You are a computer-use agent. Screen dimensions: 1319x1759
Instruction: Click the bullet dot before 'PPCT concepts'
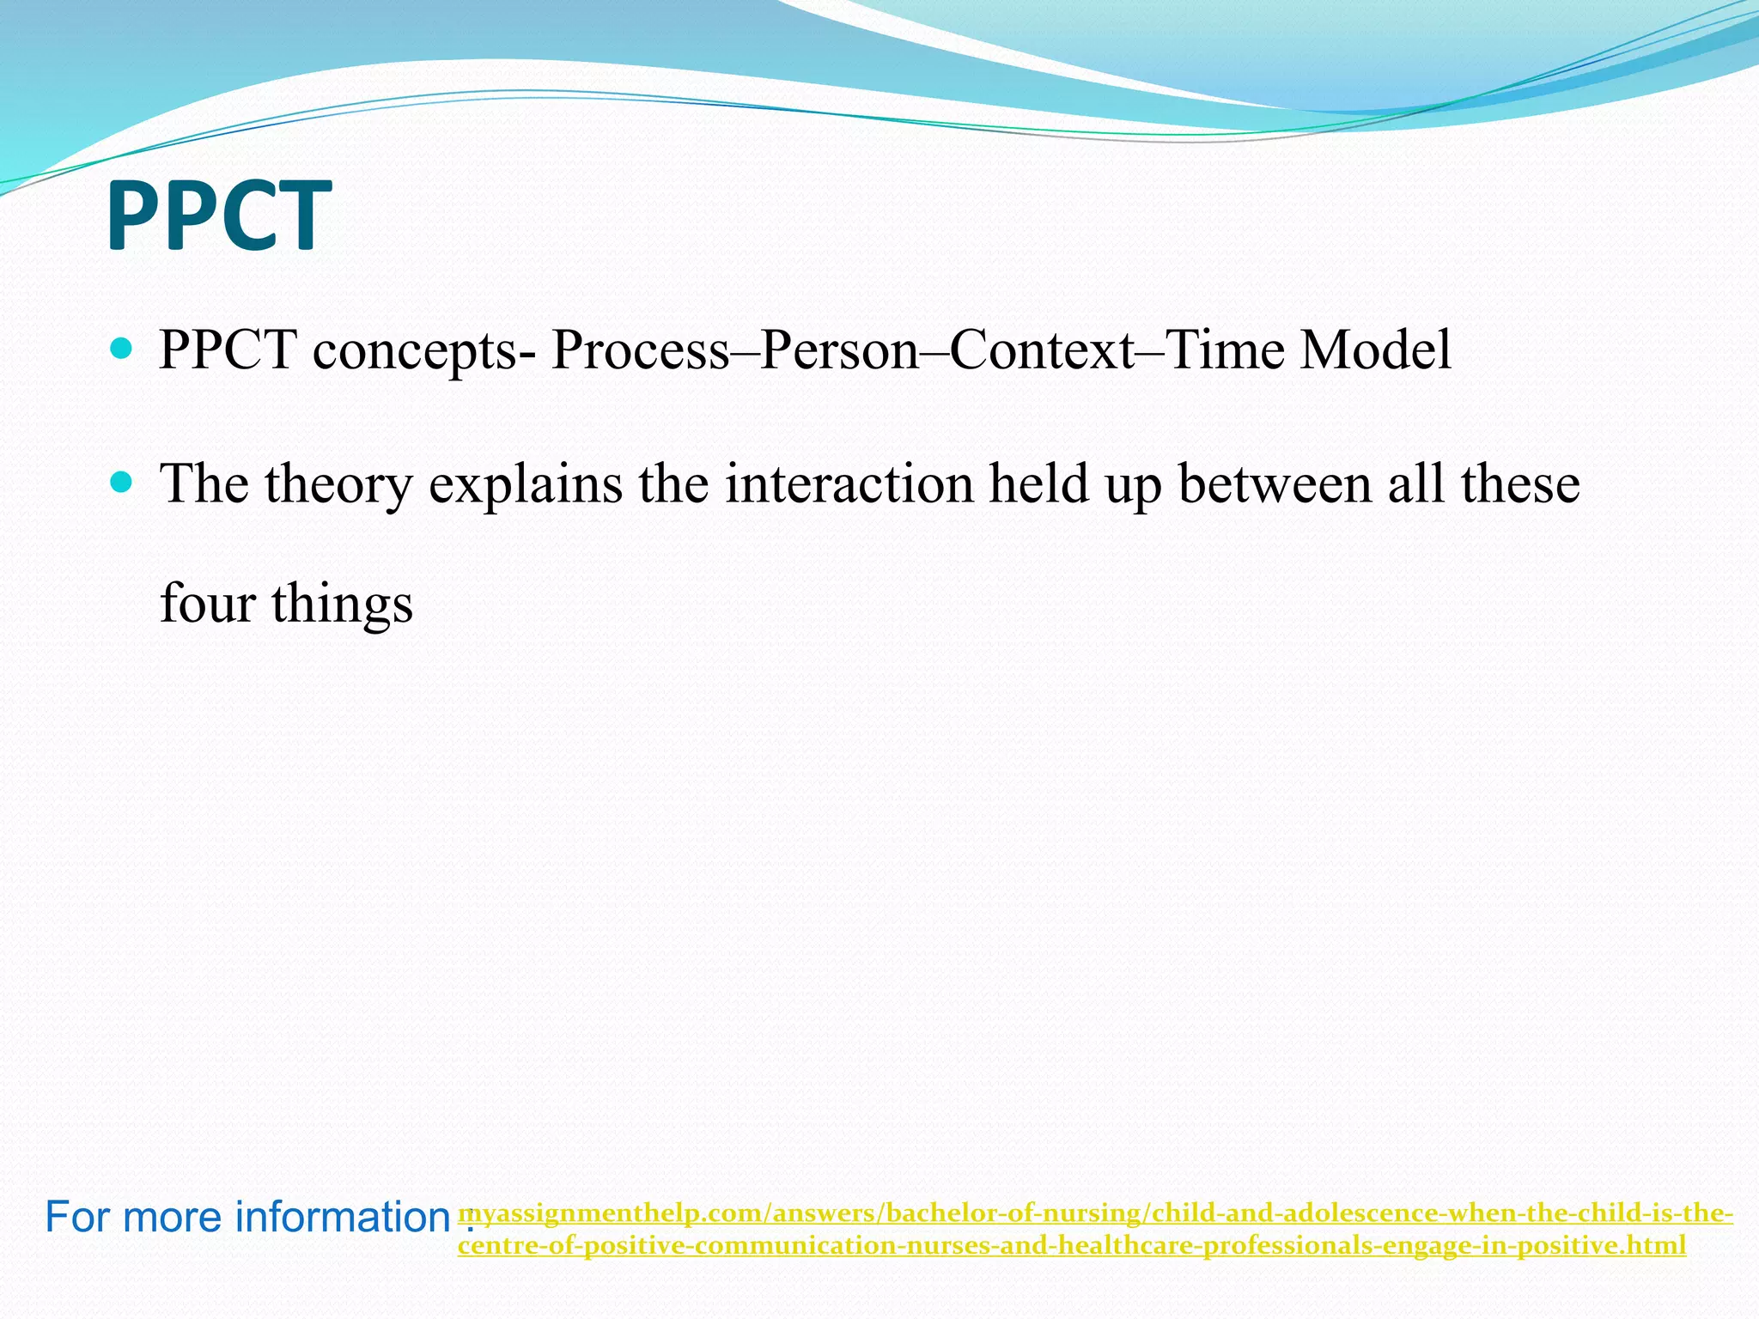coord(122,349)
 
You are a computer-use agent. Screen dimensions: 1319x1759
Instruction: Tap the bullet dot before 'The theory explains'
coord(122,483)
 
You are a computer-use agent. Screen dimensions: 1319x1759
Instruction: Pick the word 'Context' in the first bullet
coord(1042,350)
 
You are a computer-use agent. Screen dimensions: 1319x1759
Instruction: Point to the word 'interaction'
coord(849,484)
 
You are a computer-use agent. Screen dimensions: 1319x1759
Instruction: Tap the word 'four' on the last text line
coord(208,603)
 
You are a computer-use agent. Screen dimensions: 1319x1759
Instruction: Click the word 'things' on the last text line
coord(343,605)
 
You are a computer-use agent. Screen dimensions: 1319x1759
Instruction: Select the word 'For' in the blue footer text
coord(73,1217)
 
